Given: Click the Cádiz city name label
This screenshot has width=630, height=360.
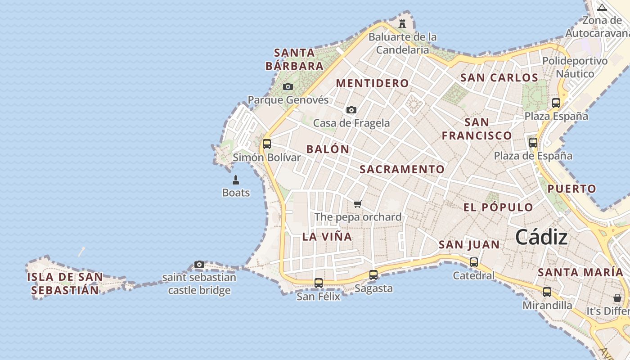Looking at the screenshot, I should tap(541, 237).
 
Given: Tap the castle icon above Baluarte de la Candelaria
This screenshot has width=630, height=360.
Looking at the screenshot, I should tap(402, 23).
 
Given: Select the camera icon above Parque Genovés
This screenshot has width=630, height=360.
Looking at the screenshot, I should tap(288, 86).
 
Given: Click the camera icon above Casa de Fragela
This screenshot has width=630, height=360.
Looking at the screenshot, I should tap(351, 110).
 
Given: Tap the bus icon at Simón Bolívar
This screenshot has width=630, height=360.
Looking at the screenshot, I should tap(267, 144).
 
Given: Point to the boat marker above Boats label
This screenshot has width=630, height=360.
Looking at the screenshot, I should tap(235, 180).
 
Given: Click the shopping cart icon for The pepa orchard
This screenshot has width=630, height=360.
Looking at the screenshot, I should tap(358, 204).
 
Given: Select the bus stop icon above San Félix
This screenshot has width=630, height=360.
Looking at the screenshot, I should tap(319, 283).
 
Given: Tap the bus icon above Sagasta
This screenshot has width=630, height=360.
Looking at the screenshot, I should tap(373, 274).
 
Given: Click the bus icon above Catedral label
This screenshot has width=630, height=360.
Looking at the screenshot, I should tap(473, 262).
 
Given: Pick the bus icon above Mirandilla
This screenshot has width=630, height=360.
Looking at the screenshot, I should tap(547, 292).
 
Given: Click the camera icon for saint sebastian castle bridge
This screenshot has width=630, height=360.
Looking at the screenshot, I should tap(199, 264).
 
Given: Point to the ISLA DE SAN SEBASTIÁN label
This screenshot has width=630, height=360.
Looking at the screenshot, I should tap(65, 283).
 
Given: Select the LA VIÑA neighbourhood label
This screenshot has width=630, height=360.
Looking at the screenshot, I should tap(327, 237).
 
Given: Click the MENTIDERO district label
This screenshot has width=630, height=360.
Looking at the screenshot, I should tap(372, 83).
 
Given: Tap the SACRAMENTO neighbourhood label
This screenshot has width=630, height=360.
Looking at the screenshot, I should tap(402, 169).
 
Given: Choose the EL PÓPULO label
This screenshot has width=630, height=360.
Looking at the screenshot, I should tap(498, 207).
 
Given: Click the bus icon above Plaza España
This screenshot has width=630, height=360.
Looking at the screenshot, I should tap(556, 103).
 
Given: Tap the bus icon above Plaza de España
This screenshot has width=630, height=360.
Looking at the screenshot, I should tap(533, 143).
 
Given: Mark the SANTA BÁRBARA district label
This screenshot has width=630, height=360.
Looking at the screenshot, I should tap(295, 59).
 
